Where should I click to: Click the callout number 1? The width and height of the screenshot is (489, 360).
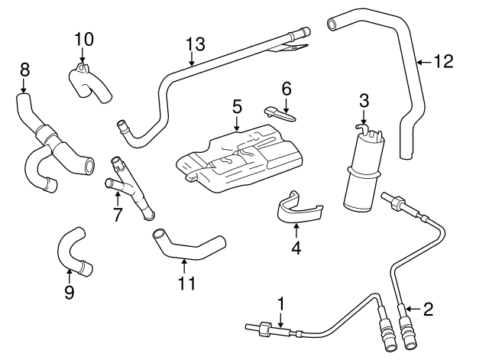click(280, 304)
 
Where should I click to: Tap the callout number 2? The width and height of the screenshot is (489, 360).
click(428, 309)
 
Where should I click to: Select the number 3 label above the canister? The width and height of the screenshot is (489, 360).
click(364, 100)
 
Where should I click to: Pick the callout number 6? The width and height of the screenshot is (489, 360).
click(287, 88)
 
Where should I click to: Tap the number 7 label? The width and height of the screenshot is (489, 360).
click(118, 216)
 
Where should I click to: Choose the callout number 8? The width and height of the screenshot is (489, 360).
click(24, 70)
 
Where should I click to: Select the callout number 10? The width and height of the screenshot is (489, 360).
click(84, 38)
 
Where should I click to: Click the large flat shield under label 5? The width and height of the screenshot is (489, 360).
click(237, 157)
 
